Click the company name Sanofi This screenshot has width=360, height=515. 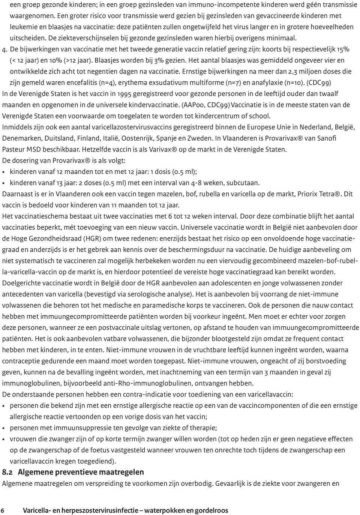(327, 138)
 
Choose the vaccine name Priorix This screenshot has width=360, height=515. (308, 194)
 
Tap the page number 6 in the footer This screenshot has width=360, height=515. (3, 510)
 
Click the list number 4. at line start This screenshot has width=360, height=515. (5, 49)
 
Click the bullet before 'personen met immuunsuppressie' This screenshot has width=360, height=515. (4, 428)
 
